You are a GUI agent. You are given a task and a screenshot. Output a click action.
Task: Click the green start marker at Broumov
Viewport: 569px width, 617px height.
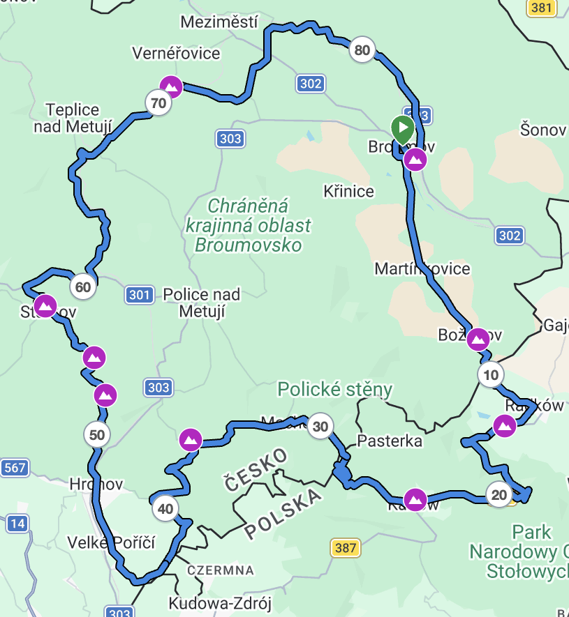(402, 129)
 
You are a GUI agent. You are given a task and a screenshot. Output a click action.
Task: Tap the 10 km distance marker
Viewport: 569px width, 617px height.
(491, 375)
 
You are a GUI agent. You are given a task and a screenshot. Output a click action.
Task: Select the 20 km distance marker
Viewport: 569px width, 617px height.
(499, 495)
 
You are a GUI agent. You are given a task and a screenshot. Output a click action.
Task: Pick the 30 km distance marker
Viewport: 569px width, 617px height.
(320, 426)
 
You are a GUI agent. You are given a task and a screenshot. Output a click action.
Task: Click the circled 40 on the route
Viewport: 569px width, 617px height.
(165, 509)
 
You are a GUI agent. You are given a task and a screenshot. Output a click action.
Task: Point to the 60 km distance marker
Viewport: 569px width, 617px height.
(83, 287)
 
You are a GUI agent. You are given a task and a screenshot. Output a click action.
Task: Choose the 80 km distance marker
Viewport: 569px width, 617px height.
(362, 50)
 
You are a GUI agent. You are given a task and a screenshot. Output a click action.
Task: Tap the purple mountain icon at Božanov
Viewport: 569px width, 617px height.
(478, 340)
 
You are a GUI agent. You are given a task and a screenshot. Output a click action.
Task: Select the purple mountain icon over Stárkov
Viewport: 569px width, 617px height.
(45, 306)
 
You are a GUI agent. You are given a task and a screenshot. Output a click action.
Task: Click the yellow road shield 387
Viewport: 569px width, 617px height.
(346, 548)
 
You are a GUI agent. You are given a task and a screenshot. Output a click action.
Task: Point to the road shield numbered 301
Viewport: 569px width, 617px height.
(140, 296)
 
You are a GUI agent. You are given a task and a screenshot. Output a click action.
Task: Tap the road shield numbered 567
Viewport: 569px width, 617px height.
(14, 468)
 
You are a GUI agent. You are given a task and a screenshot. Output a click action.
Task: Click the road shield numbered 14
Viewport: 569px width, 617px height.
(17, 523)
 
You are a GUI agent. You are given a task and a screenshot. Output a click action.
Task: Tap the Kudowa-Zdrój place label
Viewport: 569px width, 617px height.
(221, 603)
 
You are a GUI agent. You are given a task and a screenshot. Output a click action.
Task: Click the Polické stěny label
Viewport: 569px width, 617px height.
(335, 389)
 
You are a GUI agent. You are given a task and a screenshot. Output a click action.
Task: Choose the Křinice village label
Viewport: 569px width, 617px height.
(349, 191)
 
